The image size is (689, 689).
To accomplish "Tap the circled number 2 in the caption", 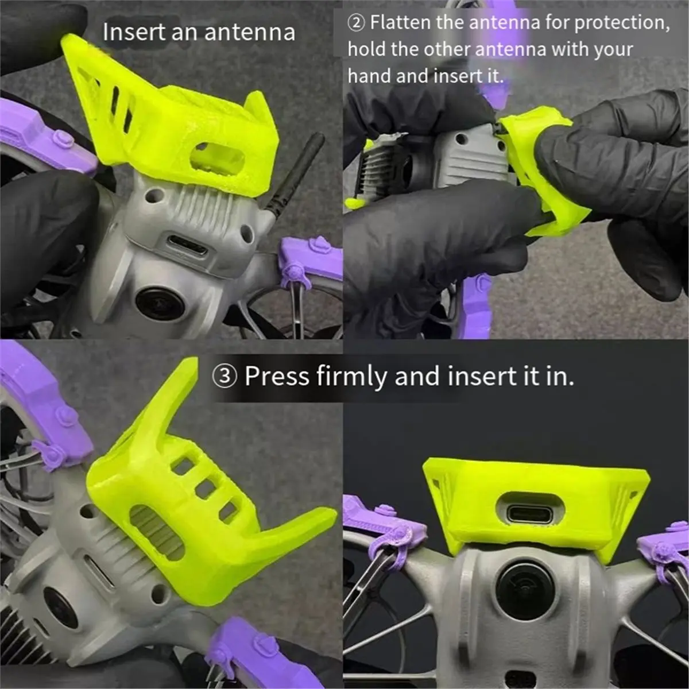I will tap(357, 23).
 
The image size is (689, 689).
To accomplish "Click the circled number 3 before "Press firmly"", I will tap(224, 377).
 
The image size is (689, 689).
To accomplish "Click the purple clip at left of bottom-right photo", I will tap(382, 528).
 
